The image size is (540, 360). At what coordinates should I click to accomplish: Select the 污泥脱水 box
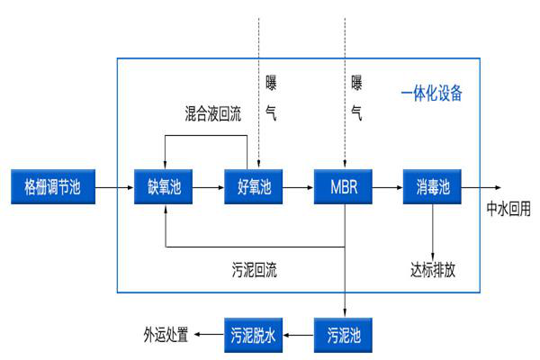253,335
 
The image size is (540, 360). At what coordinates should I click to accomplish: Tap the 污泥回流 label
255,269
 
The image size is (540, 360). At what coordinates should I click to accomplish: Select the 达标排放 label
433,269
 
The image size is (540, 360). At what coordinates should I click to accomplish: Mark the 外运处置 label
166,335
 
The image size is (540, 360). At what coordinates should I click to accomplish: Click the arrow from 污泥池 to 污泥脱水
298,335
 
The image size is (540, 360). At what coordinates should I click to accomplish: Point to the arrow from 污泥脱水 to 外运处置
211,335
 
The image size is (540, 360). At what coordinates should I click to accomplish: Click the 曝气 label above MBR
356,98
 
